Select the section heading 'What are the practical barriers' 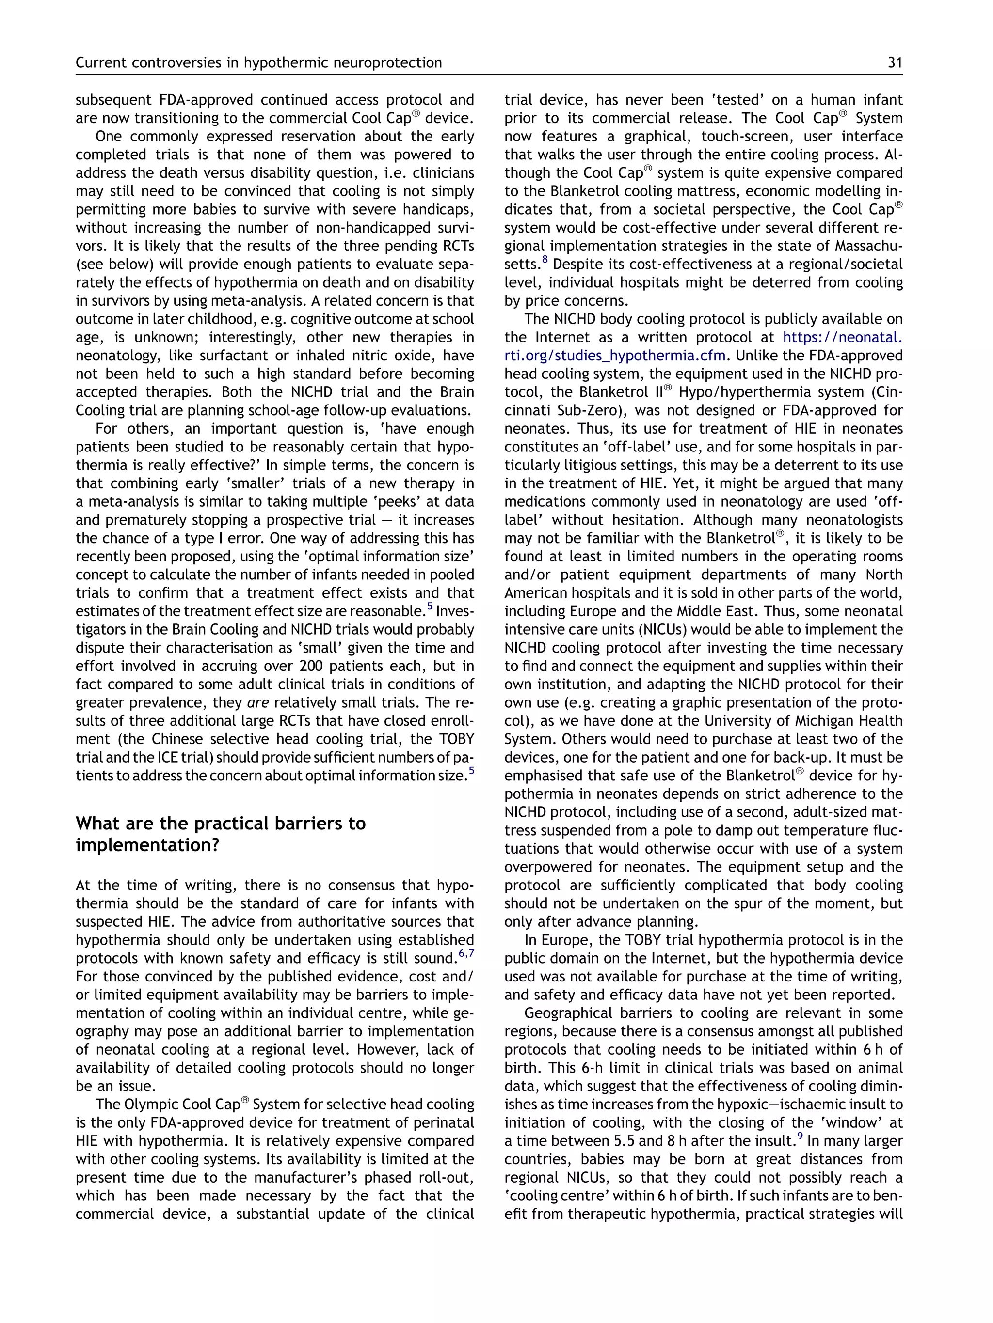[x=220, y=824]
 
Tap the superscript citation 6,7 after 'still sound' [x=466, y=953]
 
